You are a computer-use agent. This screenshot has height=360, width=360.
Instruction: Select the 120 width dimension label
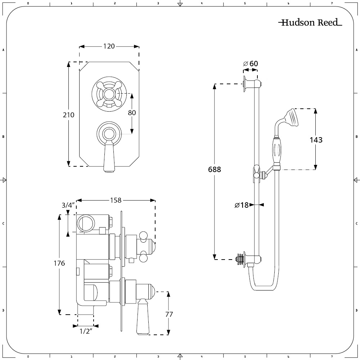pos(109,46)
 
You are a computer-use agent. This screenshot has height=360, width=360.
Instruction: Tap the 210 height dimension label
pos(68,115)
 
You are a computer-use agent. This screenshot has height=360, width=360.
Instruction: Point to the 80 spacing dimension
pos(132,112)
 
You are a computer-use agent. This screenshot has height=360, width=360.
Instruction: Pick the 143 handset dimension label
pos(316,140)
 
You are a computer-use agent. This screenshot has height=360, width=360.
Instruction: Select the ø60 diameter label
pos(251,64)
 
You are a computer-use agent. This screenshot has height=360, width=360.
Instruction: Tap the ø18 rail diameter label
pos(242,205)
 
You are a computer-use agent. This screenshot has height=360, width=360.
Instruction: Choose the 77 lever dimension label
pos(168,314)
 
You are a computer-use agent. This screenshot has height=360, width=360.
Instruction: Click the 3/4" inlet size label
pos(68,206)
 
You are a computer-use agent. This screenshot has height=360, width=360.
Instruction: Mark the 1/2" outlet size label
pos(86,331)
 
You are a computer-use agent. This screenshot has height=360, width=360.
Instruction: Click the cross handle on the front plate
pos(108,94)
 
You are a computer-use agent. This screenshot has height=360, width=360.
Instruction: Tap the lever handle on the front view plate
pos(109,157)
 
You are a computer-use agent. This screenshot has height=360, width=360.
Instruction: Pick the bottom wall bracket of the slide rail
pos(249,259)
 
